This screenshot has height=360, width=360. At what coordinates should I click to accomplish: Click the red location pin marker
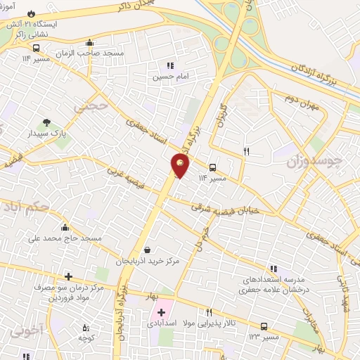coord(181,165)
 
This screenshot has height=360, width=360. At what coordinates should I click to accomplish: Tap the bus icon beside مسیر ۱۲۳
coord(264,326)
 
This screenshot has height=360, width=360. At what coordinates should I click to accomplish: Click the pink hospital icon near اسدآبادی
coord(161,312)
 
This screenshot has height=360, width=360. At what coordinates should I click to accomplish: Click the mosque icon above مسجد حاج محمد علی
coord(65,227)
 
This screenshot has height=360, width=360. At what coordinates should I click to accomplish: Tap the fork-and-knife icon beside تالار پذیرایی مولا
coord(209,312)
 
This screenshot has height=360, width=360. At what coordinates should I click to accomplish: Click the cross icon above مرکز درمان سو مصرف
coord(68,276)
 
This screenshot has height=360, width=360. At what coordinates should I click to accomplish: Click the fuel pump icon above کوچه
coord(86,327)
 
